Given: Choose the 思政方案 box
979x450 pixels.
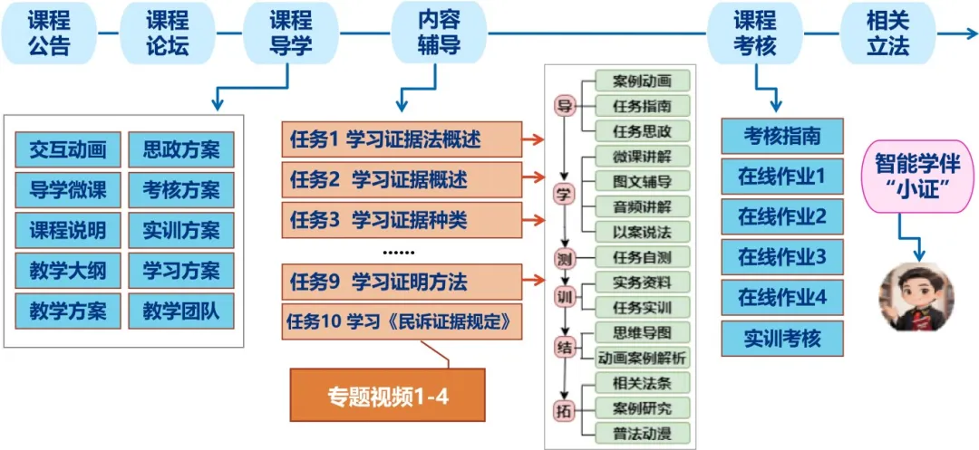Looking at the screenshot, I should (x=180, y=149).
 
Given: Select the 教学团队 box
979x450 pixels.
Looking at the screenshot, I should (x=180, y=311).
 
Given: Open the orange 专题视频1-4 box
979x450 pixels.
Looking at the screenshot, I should (x=387, y=396).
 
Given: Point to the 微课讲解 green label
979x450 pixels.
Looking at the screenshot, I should (x=642, y=156).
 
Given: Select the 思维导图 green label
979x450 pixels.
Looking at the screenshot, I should (x=642, y=332).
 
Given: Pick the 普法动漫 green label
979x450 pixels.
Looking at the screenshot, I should (x=642, y=432).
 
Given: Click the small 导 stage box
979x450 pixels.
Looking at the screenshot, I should (x=565, y=106).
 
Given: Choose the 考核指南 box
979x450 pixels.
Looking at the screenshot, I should (x=782, y=136).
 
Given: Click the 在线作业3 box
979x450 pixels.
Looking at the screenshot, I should (x=782, y=257).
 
